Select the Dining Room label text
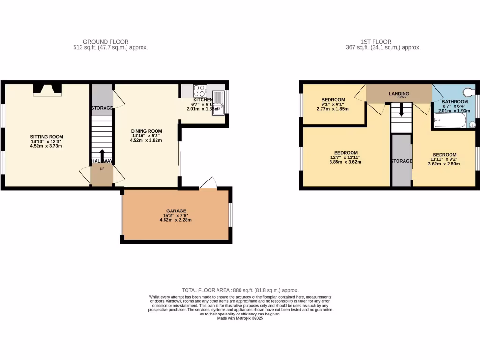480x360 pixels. (147, 131)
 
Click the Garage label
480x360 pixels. (176, 211)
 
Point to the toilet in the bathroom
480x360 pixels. (469, 91)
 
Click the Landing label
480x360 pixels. (399, 94)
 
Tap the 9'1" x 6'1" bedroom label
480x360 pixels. (333, 99)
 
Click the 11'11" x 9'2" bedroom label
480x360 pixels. (444, 155)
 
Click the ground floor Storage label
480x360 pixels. (102, 108)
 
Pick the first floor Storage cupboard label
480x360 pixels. (402, 161)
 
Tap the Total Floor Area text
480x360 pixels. (240, 291)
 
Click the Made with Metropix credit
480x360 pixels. (240, 318)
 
